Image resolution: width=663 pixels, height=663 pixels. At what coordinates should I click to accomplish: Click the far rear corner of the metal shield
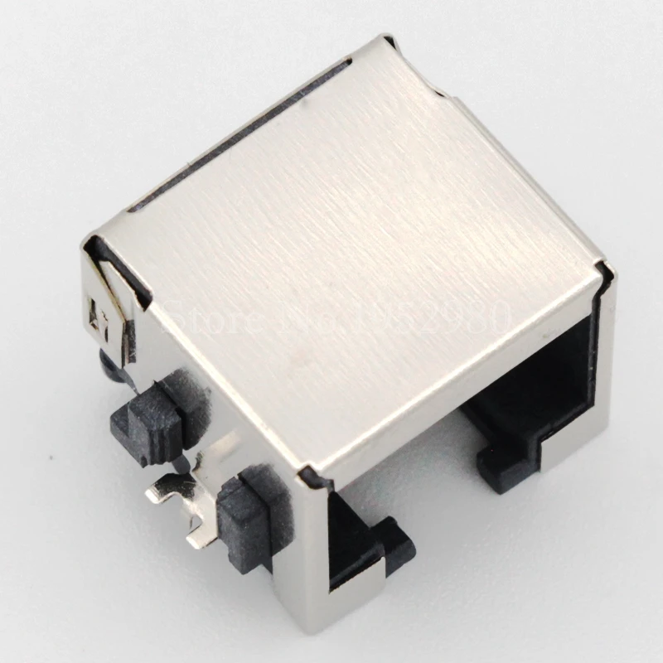click(386, 39)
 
